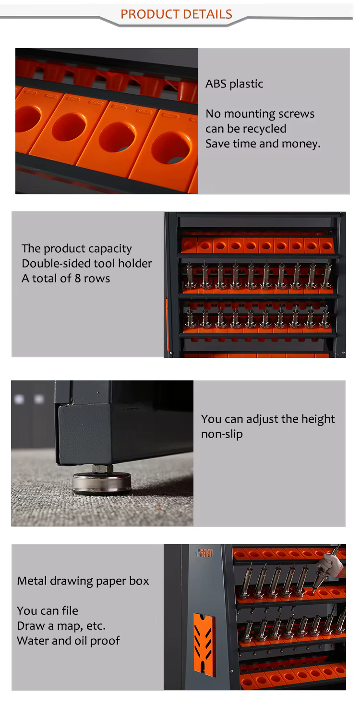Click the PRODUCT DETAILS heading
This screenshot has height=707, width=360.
click(x=176, y=14)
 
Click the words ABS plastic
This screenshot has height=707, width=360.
click(x=234, y=84)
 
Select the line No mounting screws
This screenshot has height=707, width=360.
click(x=260, y=114)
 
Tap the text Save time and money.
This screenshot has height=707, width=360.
click(x=263, y=144)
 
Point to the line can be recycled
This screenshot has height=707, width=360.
click(x=246, y=129)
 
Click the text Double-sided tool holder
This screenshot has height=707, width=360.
click(x=87, y=263)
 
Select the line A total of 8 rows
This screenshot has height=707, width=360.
click(x=66, y=279)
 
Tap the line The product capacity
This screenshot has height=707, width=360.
click(x=76, y=249)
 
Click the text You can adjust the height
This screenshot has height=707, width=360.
click(x=268, y=419)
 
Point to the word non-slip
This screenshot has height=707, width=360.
click(x=222, y=434)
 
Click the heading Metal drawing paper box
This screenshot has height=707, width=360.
click(x=83, y=581)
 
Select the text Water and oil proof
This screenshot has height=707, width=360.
click(x=69, y=641)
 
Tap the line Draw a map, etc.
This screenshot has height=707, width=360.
click(x=61, y=625)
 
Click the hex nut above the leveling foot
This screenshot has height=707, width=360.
click(x=103, y=468)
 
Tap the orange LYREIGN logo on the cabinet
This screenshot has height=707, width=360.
click(x=204, y=553)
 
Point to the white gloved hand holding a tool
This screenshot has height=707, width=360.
click(x=330, y=564)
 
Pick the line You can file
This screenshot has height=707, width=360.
click(x=48, y=611)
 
